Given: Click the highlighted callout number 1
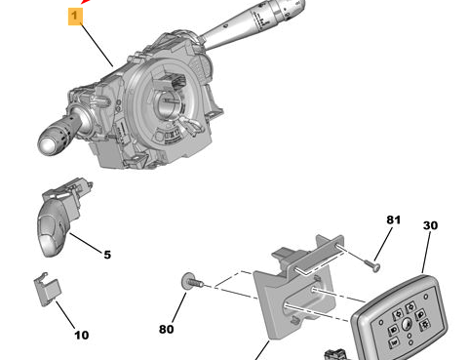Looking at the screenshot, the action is click(x=75, y=16).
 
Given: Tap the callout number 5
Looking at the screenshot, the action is click(x=107, y=255).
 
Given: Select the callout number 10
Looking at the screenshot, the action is click(x=82, y=335).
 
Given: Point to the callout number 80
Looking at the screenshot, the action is click(x=166, y=330).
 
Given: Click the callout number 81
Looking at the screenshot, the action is click(x=393, y=220).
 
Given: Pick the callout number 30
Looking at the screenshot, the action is click(x=430, y=225).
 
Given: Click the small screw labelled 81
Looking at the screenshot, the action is click(x=372, y=264).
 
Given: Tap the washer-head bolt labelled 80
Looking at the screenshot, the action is click(x=192, y=282).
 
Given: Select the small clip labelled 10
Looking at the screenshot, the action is click(x=47, y=290).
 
